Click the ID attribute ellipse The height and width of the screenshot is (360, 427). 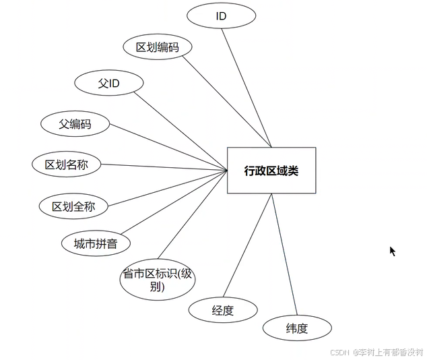click(221, 16)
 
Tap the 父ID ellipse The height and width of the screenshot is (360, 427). click(108, 83)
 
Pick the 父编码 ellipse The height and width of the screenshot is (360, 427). click(75, 124)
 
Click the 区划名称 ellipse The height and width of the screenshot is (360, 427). click(67, 164)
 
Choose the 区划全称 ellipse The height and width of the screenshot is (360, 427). click(73, 206)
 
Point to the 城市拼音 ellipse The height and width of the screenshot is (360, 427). click(95, 243)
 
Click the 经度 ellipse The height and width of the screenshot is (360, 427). click(223, 311)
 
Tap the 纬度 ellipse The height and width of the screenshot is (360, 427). click(297, 329)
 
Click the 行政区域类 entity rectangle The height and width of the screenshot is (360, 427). click(271, 171)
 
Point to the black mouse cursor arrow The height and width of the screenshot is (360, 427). click(392, 251)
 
